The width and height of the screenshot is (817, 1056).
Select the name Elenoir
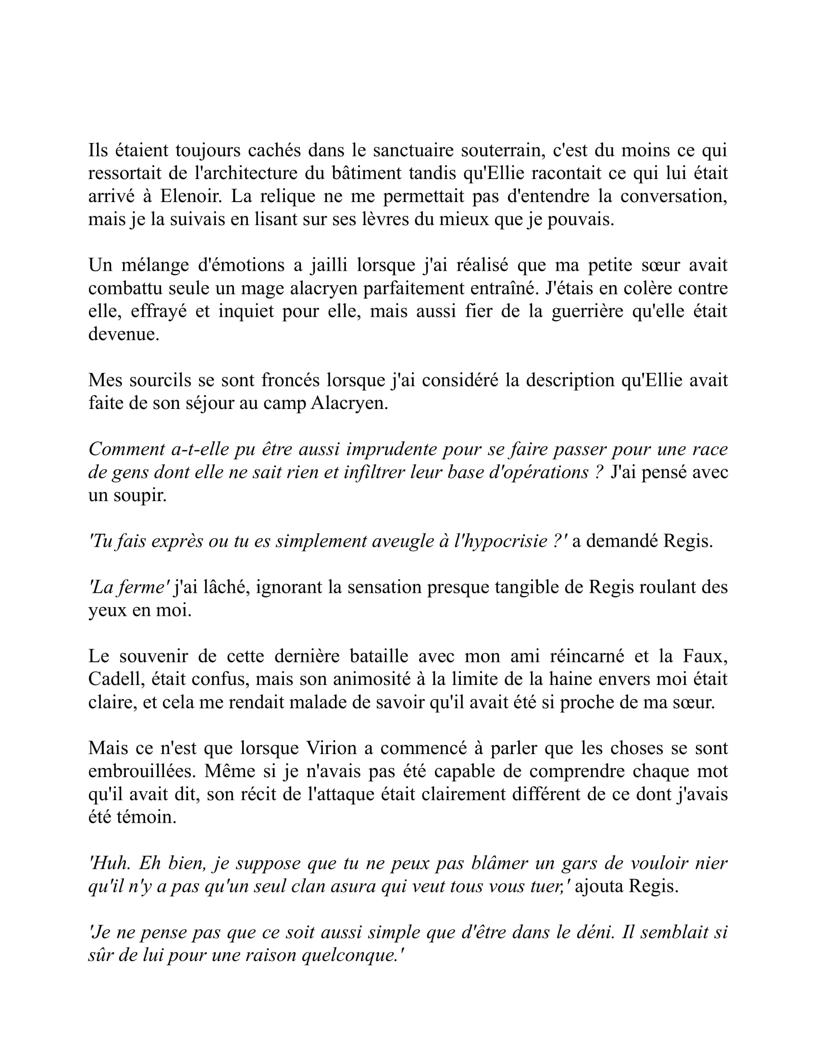point(191,196)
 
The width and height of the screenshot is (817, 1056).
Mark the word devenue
point(124,334)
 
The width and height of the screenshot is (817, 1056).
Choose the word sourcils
point(161,380)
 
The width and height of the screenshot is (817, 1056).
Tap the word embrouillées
point(142,771)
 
